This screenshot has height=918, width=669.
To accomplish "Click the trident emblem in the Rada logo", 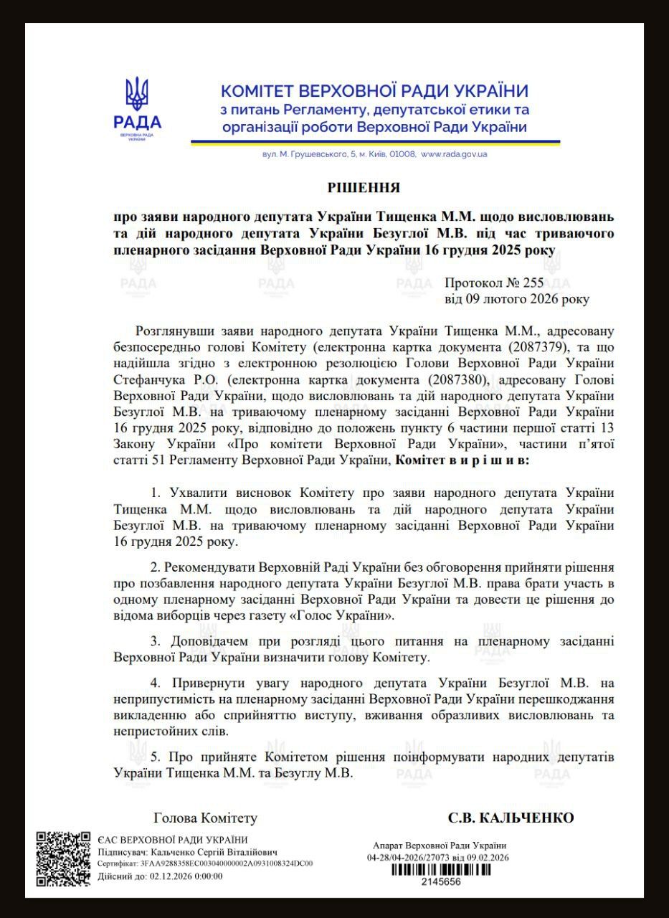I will (x=137, y=95).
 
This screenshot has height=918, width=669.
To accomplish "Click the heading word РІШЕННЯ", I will (x=364, y=188).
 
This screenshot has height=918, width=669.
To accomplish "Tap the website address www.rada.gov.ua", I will (x=454, y=154).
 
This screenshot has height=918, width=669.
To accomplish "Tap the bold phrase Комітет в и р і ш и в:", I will (x=462, y=460).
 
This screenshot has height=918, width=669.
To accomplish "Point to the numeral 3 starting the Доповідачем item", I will (x=154, y=640).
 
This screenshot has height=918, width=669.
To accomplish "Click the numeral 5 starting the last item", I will (x=154, y=757).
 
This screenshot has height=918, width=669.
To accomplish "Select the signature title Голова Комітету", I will (x=205, y=818).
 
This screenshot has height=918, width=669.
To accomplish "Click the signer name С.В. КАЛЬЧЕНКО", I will (x=511, y=818).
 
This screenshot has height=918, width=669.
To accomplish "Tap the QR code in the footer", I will (x=63, y=858).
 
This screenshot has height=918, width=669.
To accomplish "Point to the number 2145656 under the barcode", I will (x=440, y=883).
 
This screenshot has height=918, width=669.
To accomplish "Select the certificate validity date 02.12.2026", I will (x=166, y=876).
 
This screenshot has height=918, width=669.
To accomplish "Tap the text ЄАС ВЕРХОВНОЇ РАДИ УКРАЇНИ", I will (x=173, y=840).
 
